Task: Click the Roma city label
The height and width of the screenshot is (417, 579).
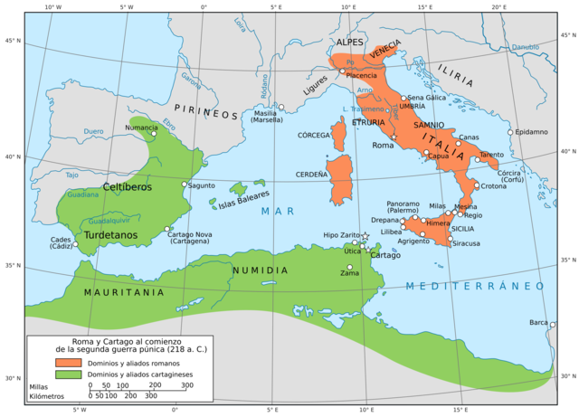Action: pyautogui.click(x=382, y=144)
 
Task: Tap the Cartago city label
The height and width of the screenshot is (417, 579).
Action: pyautogui.click(x=384, y=255)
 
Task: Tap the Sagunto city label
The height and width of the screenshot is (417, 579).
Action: pyautogui.click(x=201, y=185)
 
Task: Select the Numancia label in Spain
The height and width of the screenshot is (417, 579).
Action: pyautogui.click(x=141, y=128)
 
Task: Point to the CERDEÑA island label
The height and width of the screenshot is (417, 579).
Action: pyautogui.click(x=310, y=174)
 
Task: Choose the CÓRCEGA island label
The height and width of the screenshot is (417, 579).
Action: pyautogui.click(x=314, y=136)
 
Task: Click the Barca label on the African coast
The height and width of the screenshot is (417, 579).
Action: pyautogui.click(x=538, y=323)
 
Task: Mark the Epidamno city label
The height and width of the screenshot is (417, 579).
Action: pyautogui.click(x=532, y=132)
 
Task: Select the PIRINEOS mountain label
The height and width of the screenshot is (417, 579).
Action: pyautogui.click(x=213, y=115)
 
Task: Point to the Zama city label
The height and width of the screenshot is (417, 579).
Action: pyautogui.click(x=350, y=273)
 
